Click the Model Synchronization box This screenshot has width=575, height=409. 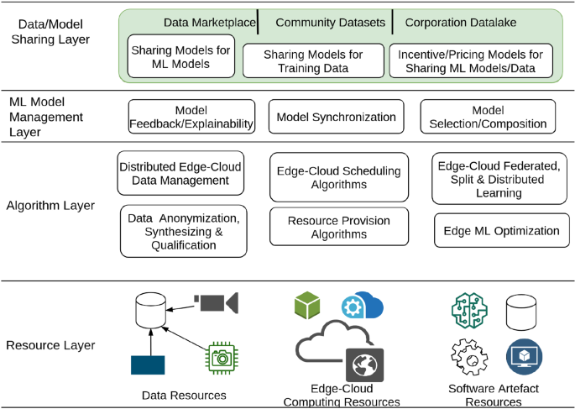coord(337,117)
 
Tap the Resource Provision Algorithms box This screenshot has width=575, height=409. coord(339,228)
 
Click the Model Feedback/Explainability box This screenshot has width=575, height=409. coord(191,117)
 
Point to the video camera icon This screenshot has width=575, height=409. coord(216,301)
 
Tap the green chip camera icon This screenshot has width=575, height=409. coord(221,357)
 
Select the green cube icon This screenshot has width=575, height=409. coord(307,305)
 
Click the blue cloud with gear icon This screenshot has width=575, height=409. coord(362,306)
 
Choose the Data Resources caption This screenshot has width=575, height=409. coord(182,394)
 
